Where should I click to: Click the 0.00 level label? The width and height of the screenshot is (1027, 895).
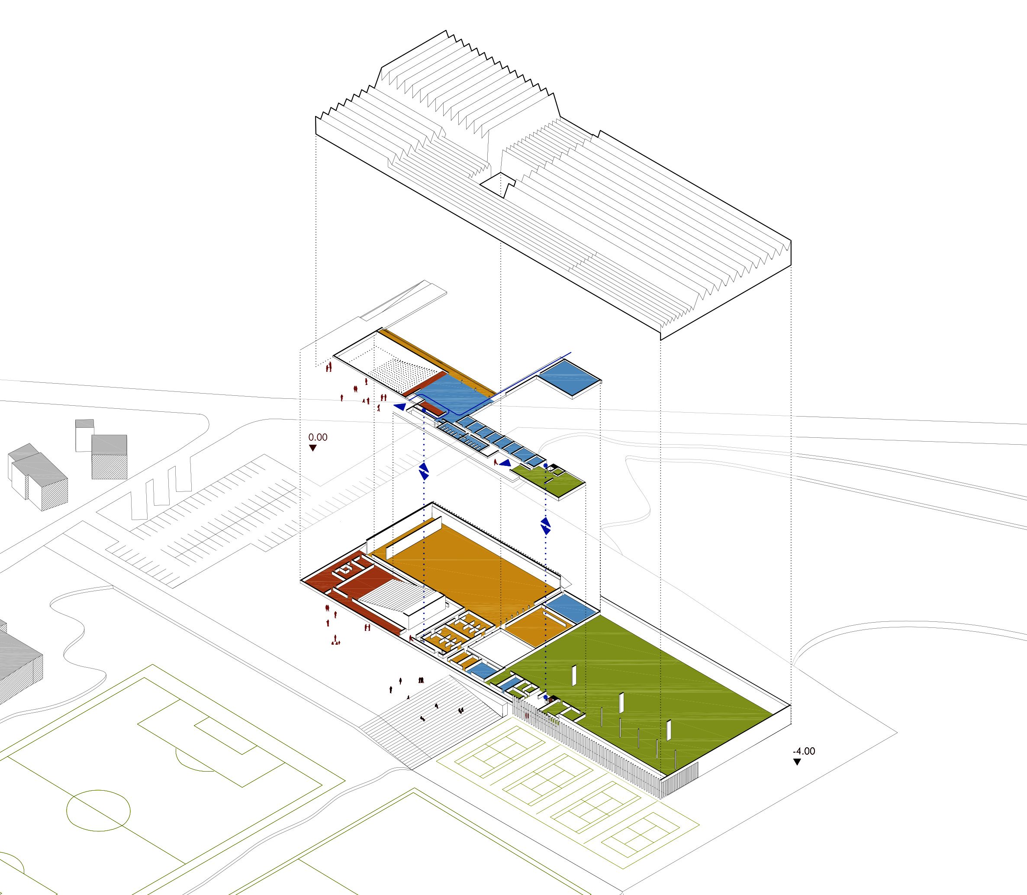click(318, 437)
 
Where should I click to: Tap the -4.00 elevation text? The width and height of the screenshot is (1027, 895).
click(804, 765)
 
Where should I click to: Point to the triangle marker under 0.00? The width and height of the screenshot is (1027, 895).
click(312, 448)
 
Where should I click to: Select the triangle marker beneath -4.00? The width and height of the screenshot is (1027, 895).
click(797, 776)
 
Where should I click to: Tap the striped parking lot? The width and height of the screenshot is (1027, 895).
click(210, 520)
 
